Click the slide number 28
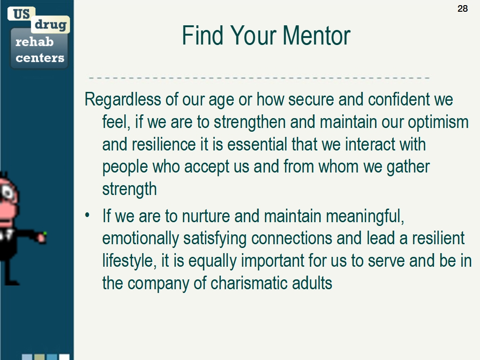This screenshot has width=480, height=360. tap(463, 8)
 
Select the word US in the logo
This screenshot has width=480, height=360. tap(22, 14)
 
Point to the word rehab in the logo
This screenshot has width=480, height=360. tap(35, 42)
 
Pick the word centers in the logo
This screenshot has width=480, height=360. tap(40, 58)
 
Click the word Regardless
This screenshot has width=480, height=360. tap(123, 99)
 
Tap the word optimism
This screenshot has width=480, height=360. tap(438, 122)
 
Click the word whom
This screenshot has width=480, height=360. tap(338, 166)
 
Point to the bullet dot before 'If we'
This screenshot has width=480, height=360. tap(88, 215)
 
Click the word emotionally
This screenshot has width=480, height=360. tap(141, 239)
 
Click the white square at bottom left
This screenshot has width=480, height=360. tap(64, 357)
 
